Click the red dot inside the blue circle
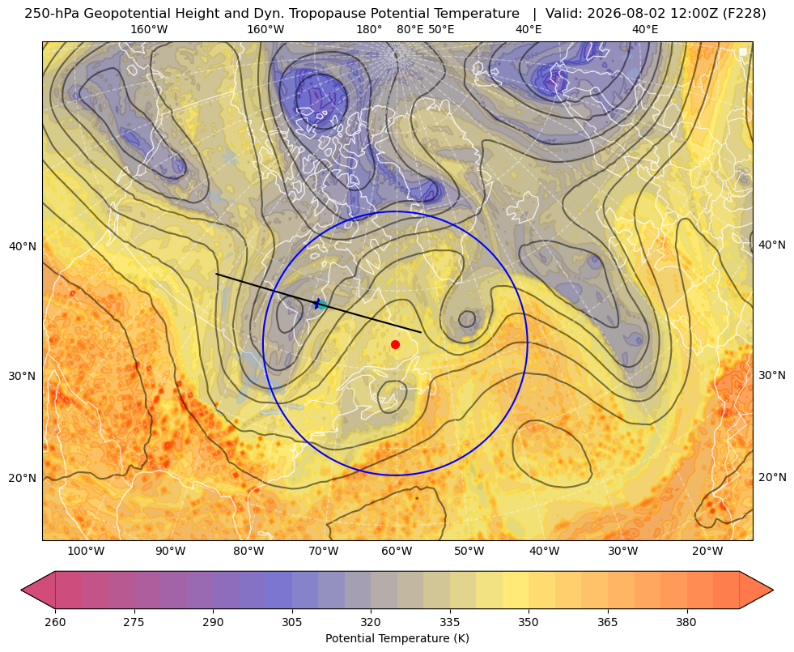(396, 344)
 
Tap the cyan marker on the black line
(321, 305)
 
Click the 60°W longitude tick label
(397, 551)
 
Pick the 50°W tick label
(469, 551)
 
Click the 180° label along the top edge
(369, 29)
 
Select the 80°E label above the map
(410, 29)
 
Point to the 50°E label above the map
(441, 29)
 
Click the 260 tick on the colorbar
(55, 622)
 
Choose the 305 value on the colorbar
(292, 622)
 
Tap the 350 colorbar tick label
(529, 622)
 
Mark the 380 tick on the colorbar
(686, 622)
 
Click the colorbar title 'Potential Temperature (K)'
(397, 638)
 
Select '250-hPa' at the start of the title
(52, 14)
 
